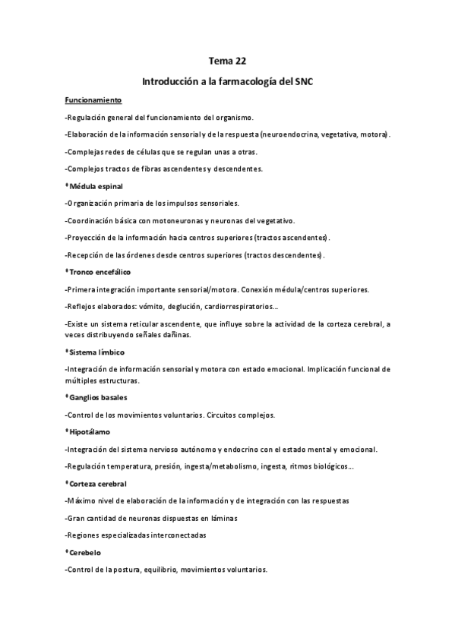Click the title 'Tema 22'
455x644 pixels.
(x=226, y=60)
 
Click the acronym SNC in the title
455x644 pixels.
(x=301, y=80)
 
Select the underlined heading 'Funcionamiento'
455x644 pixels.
(x=94, y=100)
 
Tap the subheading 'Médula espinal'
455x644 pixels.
(x=96, y=185)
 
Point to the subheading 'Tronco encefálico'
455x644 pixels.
(x=102, y=271)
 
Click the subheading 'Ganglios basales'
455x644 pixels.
(x=98, y=397)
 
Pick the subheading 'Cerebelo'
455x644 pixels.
(x=86, y=552)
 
